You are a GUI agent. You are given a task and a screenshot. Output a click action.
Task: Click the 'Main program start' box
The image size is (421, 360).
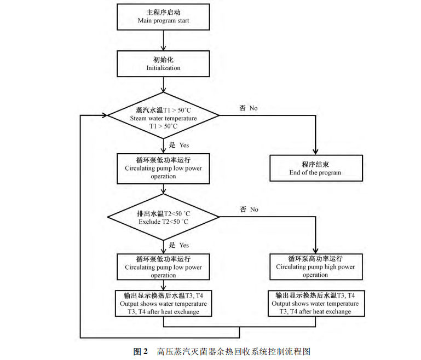[x=164, y=17]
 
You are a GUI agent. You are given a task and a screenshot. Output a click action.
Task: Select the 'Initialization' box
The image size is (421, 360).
[x=164, y=63]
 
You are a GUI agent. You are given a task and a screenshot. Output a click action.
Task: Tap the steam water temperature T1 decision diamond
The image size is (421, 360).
[x=164, y=114]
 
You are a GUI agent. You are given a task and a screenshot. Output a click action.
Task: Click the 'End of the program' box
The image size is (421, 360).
[x=315, y=168]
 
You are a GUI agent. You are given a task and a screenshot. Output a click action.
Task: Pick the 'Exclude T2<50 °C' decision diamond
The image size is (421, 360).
[x=164, y=217]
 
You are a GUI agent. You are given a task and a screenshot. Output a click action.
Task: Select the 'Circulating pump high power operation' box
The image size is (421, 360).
[x=315, y=266]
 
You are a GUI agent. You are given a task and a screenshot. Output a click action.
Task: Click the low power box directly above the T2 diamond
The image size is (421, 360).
[x=164, y=168]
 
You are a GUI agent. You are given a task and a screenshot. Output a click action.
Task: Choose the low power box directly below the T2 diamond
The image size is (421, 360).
[x=164, y=266]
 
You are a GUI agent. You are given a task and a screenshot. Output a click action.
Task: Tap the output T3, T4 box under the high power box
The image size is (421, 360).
[x=315, y=303]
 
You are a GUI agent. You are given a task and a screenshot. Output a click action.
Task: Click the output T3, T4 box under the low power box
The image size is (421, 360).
[x=164, y=303]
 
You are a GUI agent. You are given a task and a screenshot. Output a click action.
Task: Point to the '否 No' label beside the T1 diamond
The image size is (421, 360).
[x=248, y=108]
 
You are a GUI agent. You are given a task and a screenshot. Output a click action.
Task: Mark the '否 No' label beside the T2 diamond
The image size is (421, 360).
[x=248, y=209]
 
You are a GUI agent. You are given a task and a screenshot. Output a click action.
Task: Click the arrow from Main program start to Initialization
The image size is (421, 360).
[x=164, y=40]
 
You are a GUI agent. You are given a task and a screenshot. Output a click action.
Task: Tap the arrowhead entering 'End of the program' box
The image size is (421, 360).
[x=316, y=152]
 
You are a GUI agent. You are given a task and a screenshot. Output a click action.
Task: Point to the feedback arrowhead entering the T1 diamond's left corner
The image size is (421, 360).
[x=104, y=115]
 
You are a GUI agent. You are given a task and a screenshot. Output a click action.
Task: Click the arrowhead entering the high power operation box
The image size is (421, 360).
[x=316, y=250]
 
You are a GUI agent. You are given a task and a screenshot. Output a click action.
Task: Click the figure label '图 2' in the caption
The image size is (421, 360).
[x=141, y=351]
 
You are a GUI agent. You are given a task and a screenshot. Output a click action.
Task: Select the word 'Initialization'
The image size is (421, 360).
[x=164, y=68]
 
